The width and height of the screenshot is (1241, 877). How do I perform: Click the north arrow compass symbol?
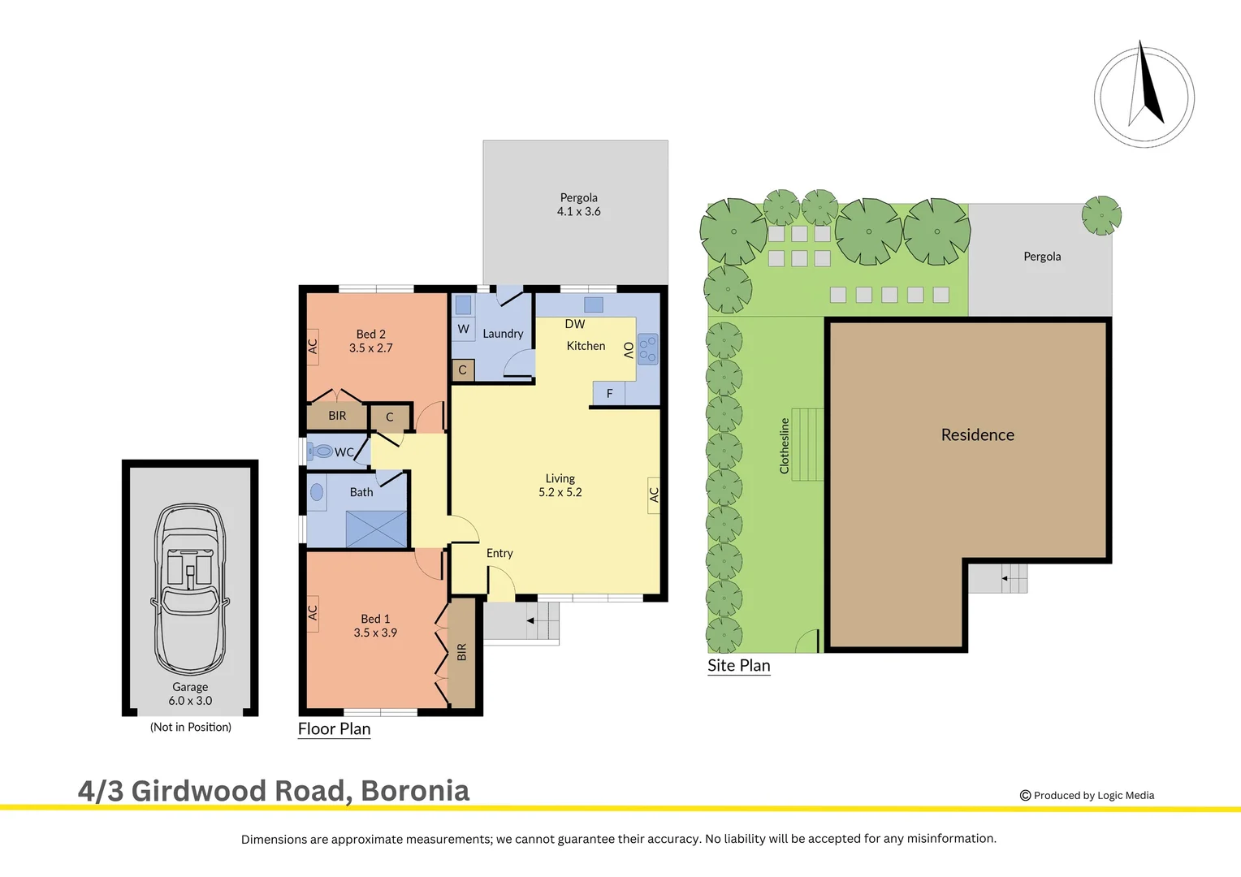coord(1144,96)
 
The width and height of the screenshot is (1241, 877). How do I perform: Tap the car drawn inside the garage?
coord(190,588)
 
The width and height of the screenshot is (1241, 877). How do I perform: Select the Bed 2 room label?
coord(371,334)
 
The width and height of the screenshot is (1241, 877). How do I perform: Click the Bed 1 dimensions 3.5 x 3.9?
coord(375,633)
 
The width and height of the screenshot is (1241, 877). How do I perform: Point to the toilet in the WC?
coord(322,451)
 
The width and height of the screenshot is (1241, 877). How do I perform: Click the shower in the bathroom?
coord(376,529)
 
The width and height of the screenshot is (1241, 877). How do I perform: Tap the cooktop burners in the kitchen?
coord(647,349)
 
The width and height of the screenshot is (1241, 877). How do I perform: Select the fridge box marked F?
coord(609,393)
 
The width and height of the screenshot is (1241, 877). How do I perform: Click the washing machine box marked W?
coord(463,329)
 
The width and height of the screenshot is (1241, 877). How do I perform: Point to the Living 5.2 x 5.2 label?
coord(560,486)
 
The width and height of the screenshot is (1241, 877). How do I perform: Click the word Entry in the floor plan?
coord(499,553)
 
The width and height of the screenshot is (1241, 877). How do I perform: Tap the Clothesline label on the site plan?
coord(785,446)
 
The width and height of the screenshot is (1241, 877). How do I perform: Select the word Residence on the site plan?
coord(978,434)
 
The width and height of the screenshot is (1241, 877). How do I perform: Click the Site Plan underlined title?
coord(738,665)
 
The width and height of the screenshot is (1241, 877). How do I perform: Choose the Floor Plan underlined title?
coord(334,728)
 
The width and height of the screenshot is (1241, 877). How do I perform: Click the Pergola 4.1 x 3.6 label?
coord(578,205)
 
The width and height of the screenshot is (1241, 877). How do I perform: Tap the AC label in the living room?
coord(654,494)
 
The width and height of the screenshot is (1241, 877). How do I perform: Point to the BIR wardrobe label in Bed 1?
coord(461,652)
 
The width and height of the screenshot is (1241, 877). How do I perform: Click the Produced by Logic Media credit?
coord(1087,795)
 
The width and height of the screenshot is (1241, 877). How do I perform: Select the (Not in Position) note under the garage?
coord(191,727)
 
